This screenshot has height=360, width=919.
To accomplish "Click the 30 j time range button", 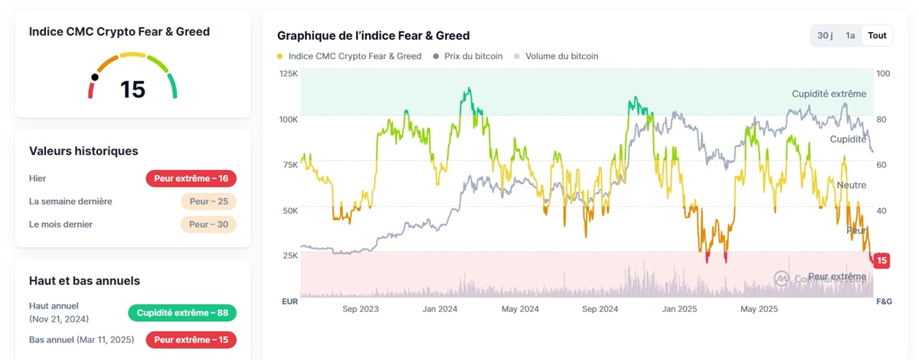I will [x=825, y=35].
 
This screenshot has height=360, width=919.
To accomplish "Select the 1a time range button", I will [x=850, y=35].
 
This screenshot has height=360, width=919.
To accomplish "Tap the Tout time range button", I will [x=877, y=35].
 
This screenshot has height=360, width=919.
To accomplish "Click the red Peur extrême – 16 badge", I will [x=191, y=178].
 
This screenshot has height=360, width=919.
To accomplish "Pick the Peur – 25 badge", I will [x=208, y=201].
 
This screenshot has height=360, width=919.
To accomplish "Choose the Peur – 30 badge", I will [x=208, y=224].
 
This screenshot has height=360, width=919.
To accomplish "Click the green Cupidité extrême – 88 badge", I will [x=182, y=313].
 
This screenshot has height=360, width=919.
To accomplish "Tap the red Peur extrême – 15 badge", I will [x=191, y=339].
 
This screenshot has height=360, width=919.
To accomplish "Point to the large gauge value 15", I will [x=132, y=90].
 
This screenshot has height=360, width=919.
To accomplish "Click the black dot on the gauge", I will [x=95, y=77].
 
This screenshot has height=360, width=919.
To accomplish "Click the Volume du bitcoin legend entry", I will [x=557, y=56].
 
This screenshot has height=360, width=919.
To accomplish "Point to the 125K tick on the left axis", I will [x=289, y=74].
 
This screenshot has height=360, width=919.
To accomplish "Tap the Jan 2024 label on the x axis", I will [x=440, y=309].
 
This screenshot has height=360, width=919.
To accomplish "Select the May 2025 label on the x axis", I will [x=759, y=309].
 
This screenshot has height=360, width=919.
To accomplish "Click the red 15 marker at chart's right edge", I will [x=881, y=260].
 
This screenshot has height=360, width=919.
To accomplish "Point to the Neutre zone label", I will [x=852, y=185].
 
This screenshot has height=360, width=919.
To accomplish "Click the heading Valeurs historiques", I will [x=83, y=151].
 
